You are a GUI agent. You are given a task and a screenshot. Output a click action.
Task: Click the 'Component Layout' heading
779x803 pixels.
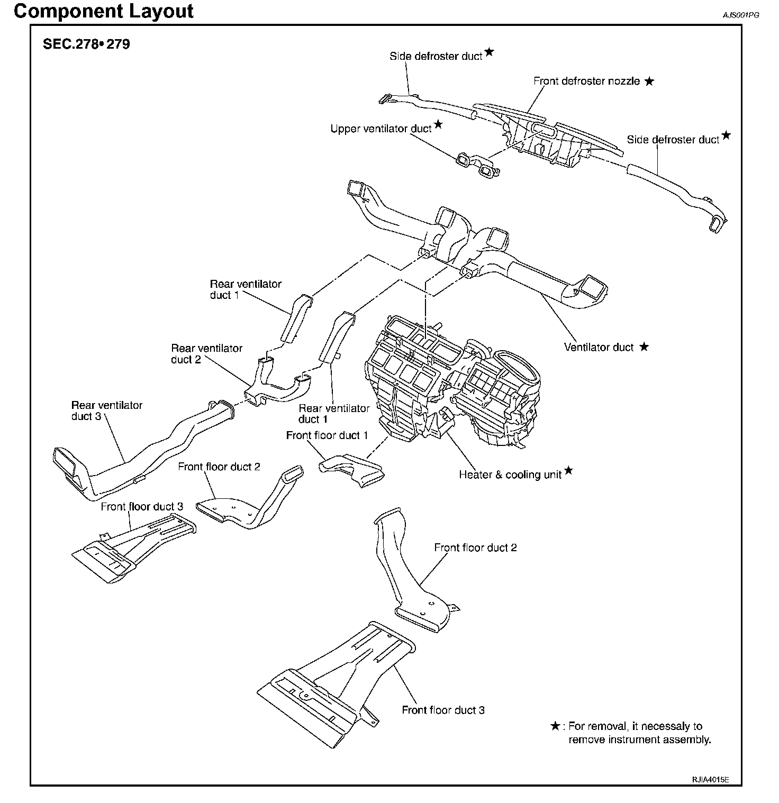[104, 12]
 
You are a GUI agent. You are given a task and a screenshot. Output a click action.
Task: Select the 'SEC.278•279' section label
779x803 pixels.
[86, 44]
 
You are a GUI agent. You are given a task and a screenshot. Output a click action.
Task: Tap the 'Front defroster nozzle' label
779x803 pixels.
[586, 81]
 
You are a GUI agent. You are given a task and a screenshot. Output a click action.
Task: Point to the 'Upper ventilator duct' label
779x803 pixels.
[381, 129]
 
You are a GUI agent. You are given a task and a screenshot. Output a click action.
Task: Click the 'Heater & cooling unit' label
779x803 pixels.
[510, 474]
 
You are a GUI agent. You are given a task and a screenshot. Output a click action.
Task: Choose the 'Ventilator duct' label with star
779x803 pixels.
[599, 348]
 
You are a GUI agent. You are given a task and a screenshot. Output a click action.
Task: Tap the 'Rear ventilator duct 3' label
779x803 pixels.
[106, 410]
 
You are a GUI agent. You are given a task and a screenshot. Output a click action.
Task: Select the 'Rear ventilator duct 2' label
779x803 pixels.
[206, 354]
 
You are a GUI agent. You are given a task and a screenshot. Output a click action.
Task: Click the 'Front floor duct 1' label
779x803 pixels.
[327, 435]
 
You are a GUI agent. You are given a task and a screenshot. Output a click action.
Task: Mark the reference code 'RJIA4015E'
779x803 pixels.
[710, 780]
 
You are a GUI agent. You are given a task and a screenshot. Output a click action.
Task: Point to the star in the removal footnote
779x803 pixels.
[555, 726]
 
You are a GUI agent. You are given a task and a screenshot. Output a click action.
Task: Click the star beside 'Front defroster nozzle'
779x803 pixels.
[649, 81]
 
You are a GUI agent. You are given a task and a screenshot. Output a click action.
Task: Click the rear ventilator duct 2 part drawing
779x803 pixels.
[276, 386]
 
